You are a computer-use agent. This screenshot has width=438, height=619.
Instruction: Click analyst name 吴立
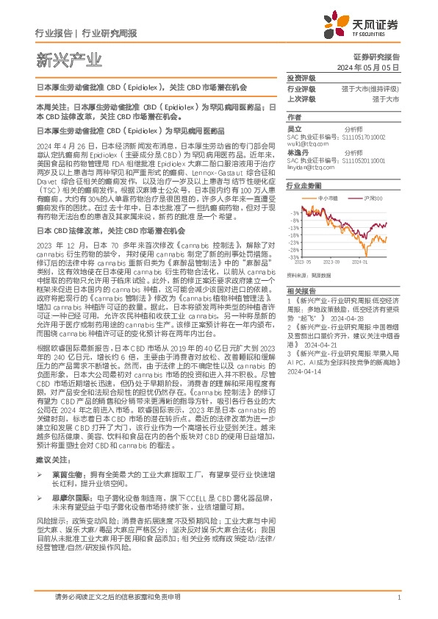(x=294, y=128)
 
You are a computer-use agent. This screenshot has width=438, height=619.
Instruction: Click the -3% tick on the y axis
(x=295, y=212)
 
